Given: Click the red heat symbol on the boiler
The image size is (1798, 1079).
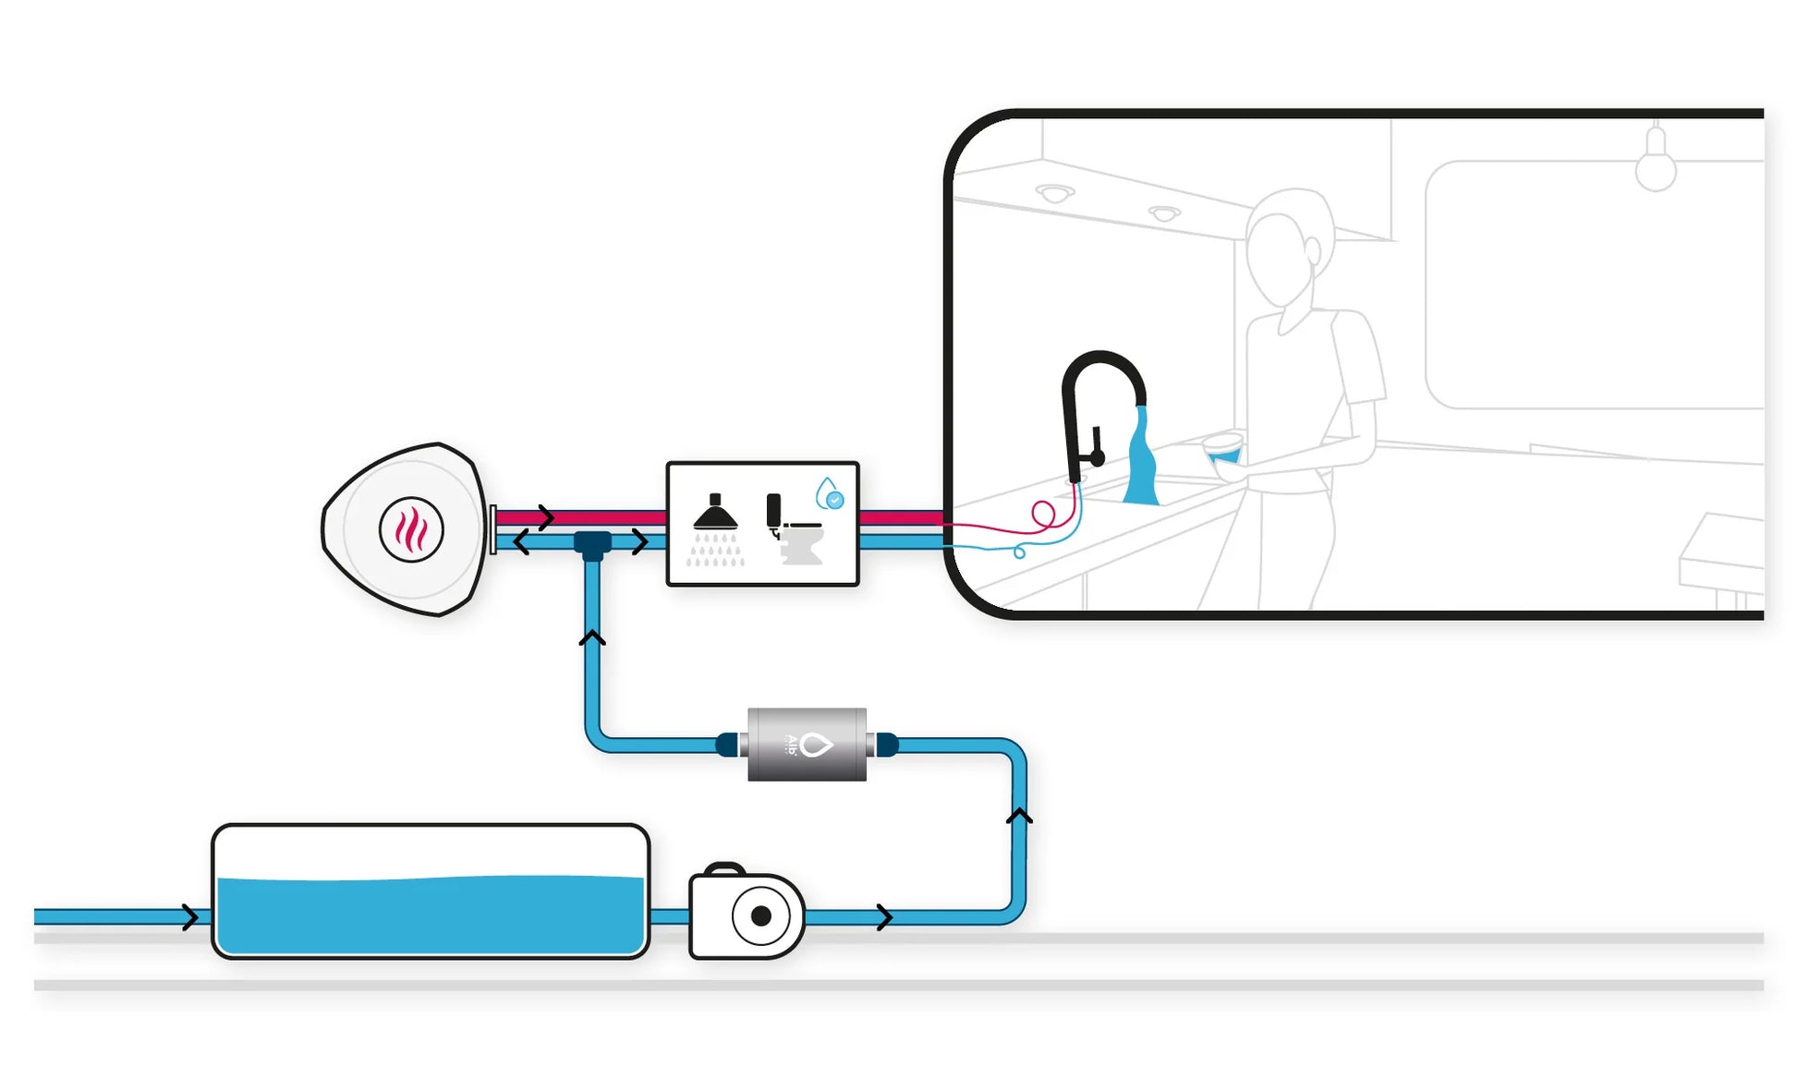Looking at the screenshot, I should tap(411, 530).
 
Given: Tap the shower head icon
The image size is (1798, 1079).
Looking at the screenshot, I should tap(715, 514).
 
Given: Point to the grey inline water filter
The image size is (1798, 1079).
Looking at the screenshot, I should tap(807, 745).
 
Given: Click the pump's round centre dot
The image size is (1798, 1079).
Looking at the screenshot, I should tap(761, 915).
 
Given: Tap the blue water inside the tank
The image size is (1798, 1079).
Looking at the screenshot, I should tap(430, 915).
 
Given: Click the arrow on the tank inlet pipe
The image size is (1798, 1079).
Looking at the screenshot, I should tap(189, 916).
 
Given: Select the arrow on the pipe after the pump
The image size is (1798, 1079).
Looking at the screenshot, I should tap(884, 917).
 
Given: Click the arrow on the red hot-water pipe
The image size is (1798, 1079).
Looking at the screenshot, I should tap(546, 516).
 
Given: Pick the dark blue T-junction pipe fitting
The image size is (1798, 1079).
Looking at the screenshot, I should tap(592, 544).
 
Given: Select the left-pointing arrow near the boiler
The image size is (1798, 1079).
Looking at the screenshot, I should tap(522, 542).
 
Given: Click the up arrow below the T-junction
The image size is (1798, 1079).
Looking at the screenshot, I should tap(592, 636).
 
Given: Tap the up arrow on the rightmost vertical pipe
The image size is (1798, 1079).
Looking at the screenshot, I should tap(1019, 815).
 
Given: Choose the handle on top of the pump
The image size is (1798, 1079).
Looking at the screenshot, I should tap(724, 869).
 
